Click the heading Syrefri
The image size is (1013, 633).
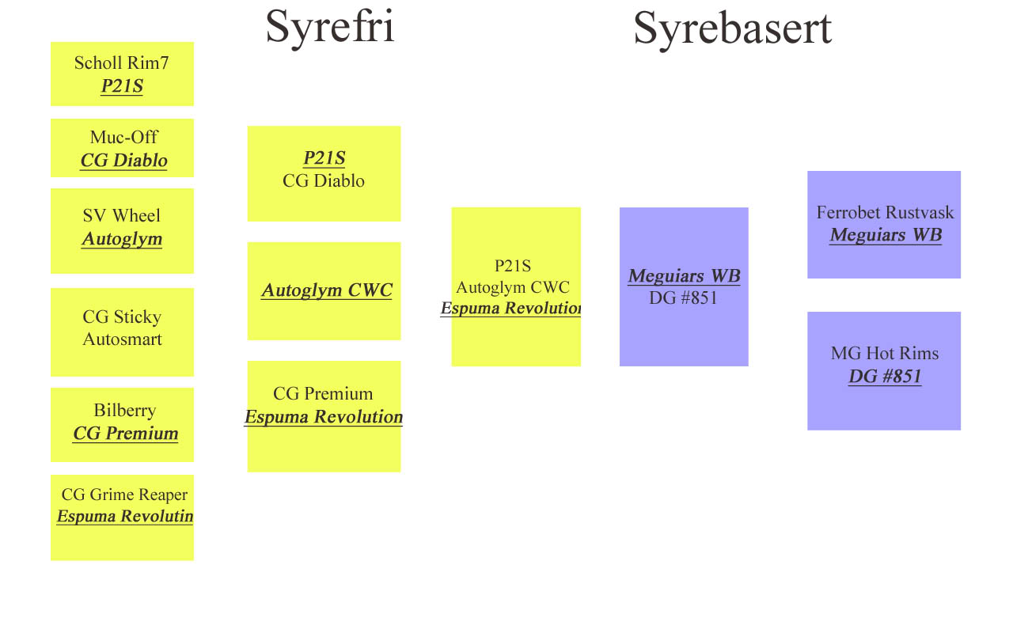(330, 28)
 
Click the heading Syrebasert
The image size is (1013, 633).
(733, 29)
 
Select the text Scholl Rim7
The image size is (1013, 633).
(122, 63)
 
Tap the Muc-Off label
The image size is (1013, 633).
(123, 137)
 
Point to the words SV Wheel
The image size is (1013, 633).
(122, 215)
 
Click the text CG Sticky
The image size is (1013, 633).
(122, 317)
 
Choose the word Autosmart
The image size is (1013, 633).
(122, 339)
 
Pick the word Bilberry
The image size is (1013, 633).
(125, 411)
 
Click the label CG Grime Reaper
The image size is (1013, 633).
(124, 495)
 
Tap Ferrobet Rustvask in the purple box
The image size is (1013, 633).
(885, 213)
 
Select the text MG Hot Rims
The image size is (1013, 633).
(885, 353)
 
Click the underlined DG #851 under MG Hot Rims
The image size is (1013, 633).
(885, 376)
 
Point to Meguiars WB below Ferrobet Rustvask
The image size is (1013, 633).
(886, 235)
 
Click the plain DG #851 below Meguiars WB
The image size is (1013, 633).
(683, 298)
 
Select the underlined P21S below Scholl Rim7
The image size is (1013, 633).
(122, 86)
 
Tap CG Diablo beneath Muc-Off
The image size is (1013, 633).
(124, 161)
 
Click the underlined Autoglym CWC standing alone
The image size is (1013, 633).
(327, 290)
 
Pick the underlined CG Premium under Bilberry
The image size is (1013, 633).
(125, 434)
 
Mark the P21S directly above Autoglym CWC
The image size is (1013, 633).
(512, 266)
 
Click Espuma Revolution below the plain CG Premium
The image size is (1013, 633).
(324, 417)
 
